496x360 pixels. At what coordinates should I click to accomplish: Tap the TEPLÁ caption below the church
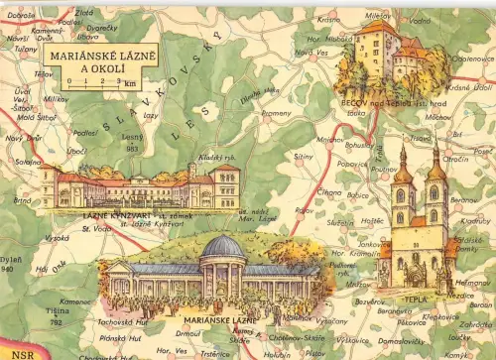pyautogui.click(x=415, y=297)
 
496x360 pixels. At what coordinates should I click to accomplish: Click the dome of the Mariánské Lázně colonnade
pyautogui.click(x=223, y=246)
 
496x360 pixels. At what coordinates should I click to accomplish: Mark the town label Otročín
pyautogui.click(x=455, y=159)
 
